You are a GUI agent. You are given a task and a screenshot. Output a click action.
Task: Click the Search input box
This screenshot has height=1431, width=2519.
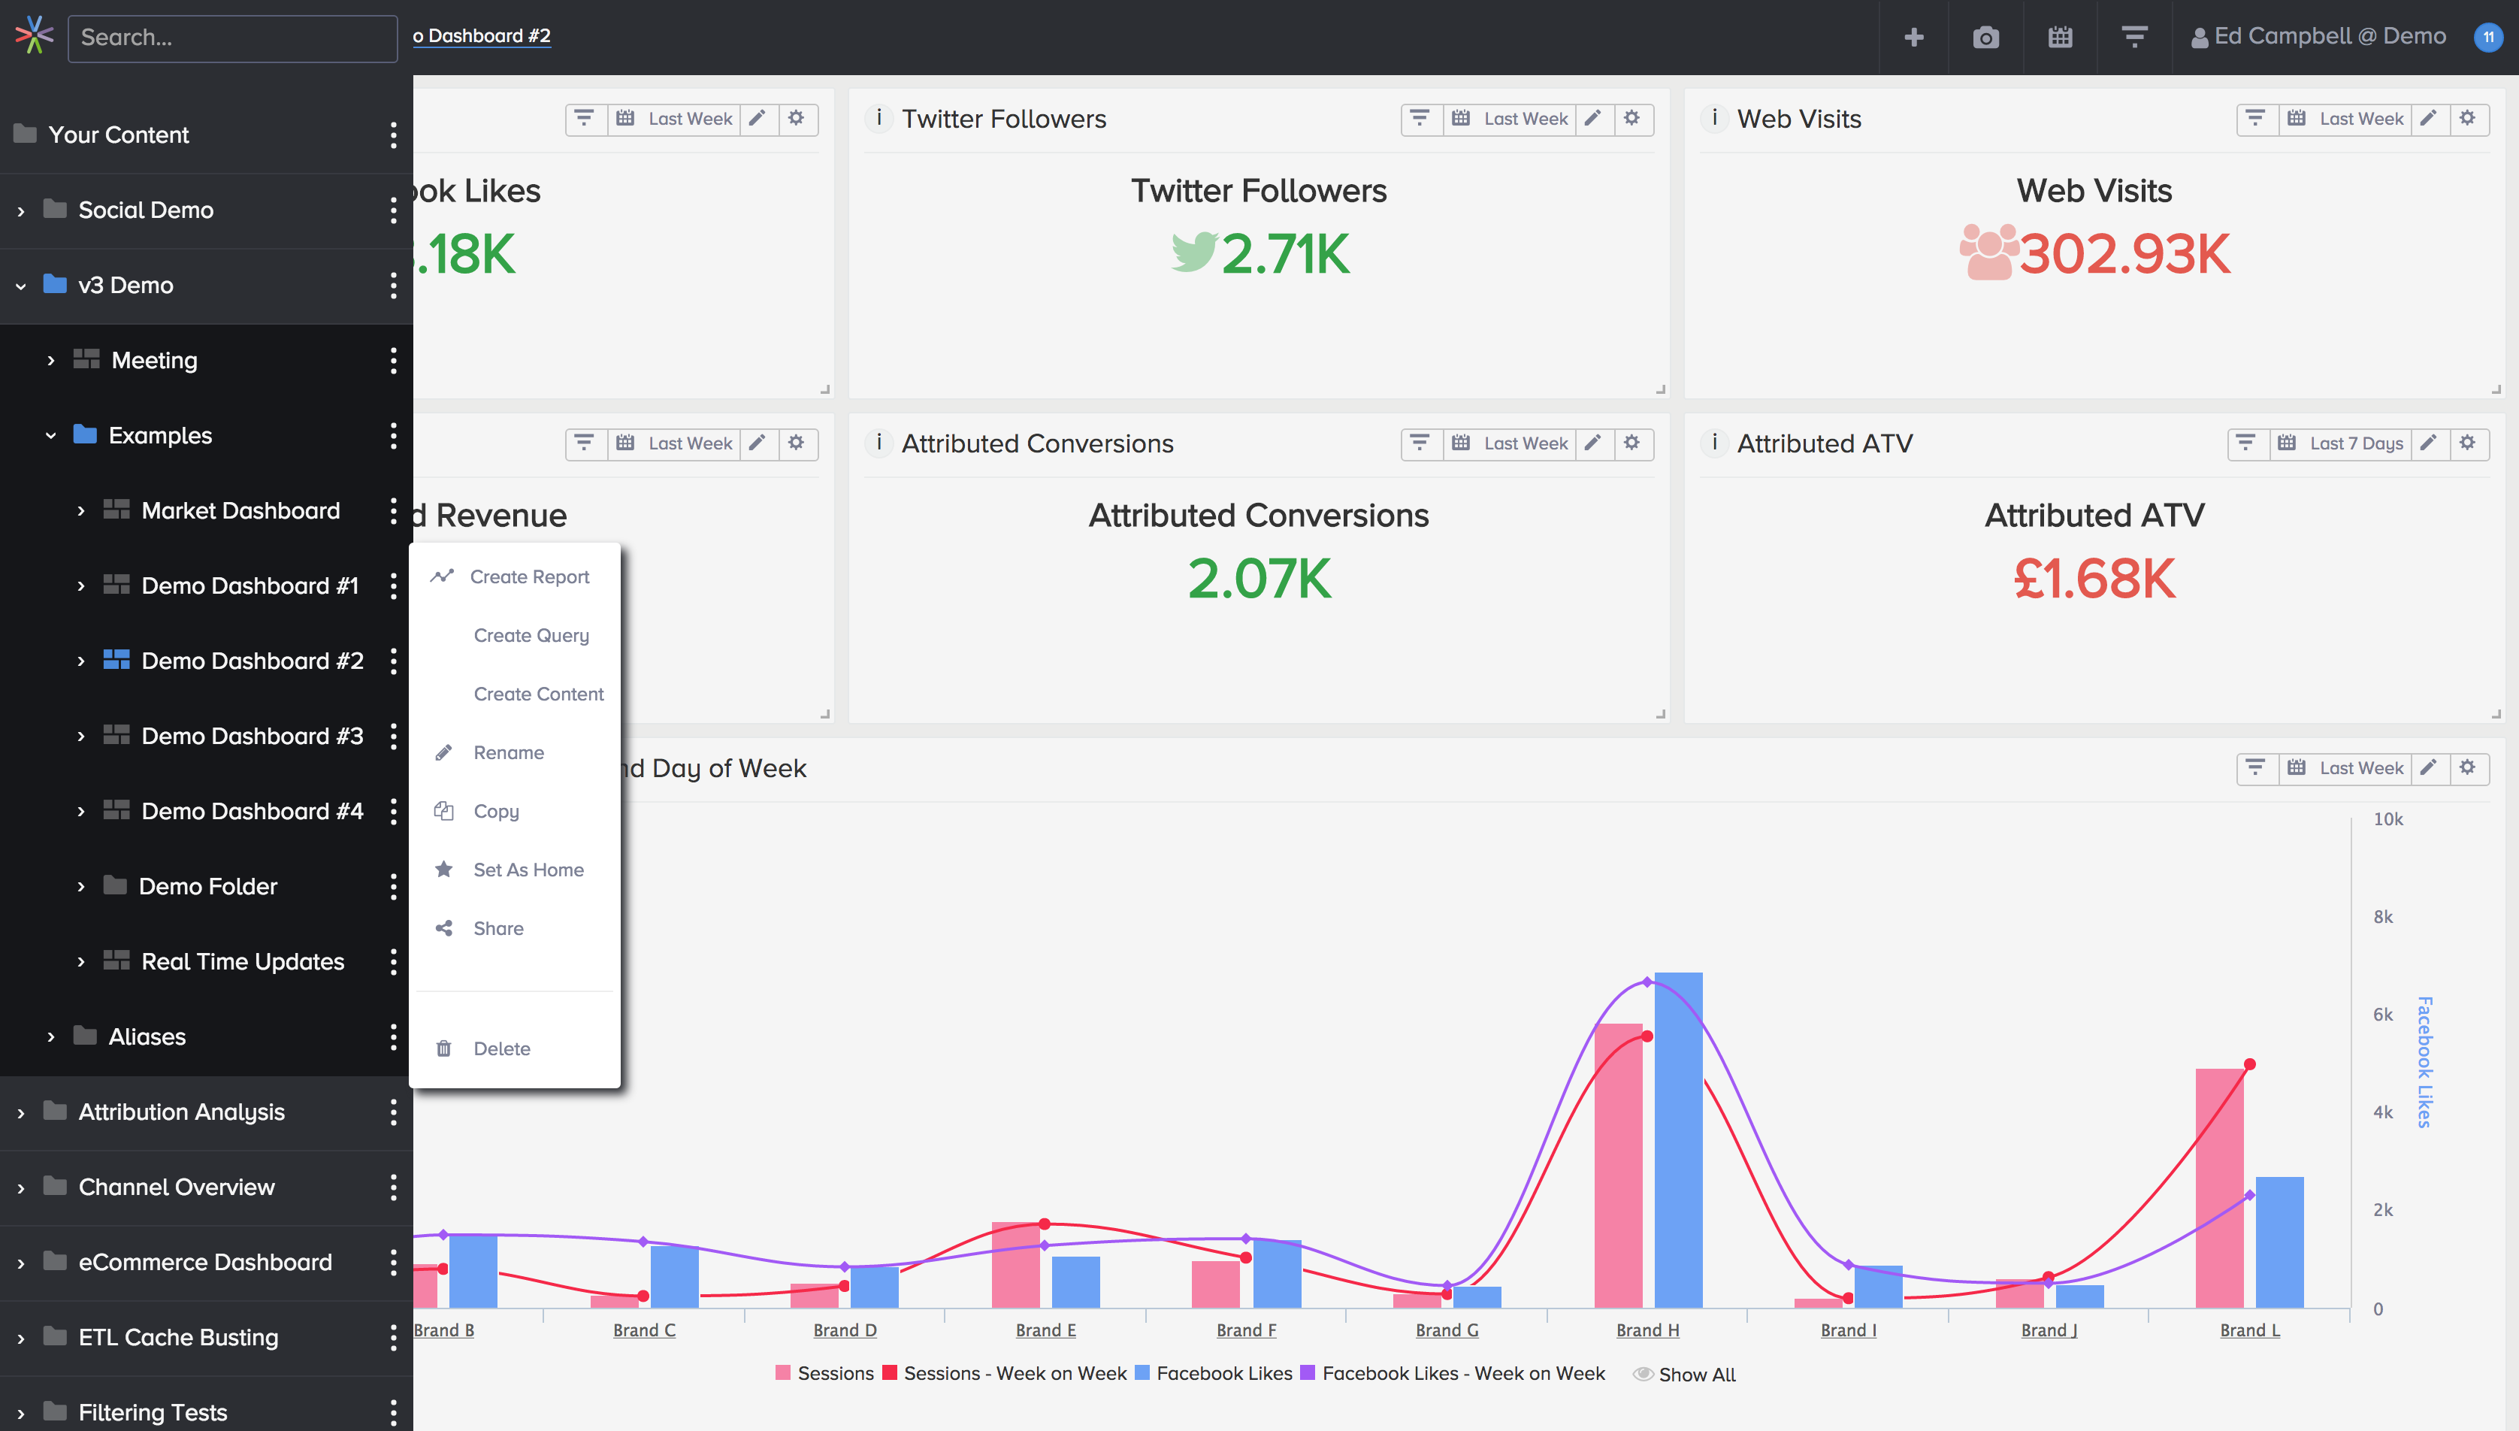232,38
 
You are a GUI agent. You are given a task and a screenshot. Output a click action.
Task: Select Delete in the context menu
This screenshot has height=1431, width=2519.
501,1048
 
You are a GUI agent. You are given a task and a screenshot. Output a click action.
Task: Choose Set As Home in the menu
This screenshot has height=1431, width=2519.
528,870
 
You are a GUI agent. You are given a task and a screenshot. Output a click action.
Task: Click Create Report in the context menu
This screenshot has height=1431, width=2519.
528,577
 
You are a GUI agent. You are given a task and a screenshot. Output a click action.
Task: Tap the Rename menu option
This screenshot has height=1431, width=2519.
508,753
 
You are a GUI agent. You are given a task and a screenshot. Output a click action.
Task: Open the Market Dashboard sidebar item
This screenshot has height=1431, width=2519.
240,510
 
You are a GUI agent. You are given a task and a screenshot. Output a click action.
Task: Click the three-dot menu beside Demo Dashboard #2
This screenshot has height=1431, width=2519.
393,661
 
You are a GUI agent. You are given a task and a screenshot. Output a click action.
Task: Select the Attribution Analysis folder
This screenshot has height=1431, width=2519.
182,1112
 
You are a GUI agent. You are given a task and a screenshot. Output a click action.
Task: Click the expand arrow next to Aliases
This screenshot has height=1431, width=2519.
51,1037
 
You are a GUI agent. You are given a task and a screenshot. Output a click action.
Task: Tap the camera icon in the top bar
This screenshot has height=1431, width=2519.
1985,38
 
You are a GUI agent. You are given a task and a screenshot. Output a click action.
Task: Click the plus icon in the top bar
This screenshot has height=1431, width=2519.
1913,38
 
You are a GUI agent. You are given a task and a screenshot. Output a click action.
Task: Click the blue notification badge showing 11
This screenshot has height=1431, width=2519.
2487,38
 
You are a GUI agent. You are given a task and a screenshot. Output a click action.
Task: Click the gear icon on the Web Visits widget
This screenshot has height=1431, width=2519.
2467,119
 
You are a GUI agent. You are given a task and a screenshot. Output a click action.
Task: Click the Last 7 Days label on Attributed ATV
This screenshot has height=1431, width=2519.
2355,443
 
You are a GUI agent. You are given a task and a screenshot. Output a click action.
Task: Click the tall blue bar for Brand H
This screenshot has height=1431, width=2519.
1678,1140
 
